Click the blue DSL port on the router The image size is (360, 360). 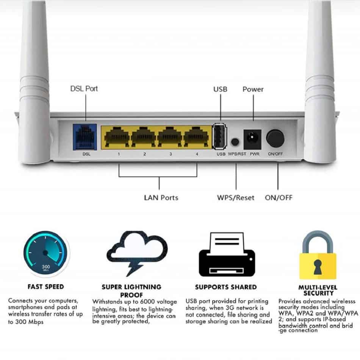(84, 137)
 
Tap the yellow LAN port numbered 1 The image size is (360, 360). (119, 138)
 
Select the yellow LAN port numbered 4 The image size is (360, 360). (197, 138)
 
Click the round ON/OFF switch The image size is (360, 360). (275, 138)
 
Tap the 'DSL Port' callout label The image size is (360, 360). (84, 89)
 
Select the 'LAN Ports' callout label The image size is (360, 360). (161, 197)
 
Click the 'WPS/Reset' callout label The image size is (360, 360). (236, 197)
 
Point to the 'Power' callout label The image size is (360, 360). (253, 89)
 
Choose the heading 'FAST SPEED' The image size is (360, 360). (45, 286)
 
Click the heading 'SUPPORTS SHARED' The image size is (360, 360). (226, 287)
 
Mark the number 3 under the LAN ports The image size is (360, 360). (171, 155)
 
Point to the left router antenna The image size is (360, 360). (34, 83)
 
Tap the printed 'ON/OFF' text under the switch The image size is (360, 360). (275, 155)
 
